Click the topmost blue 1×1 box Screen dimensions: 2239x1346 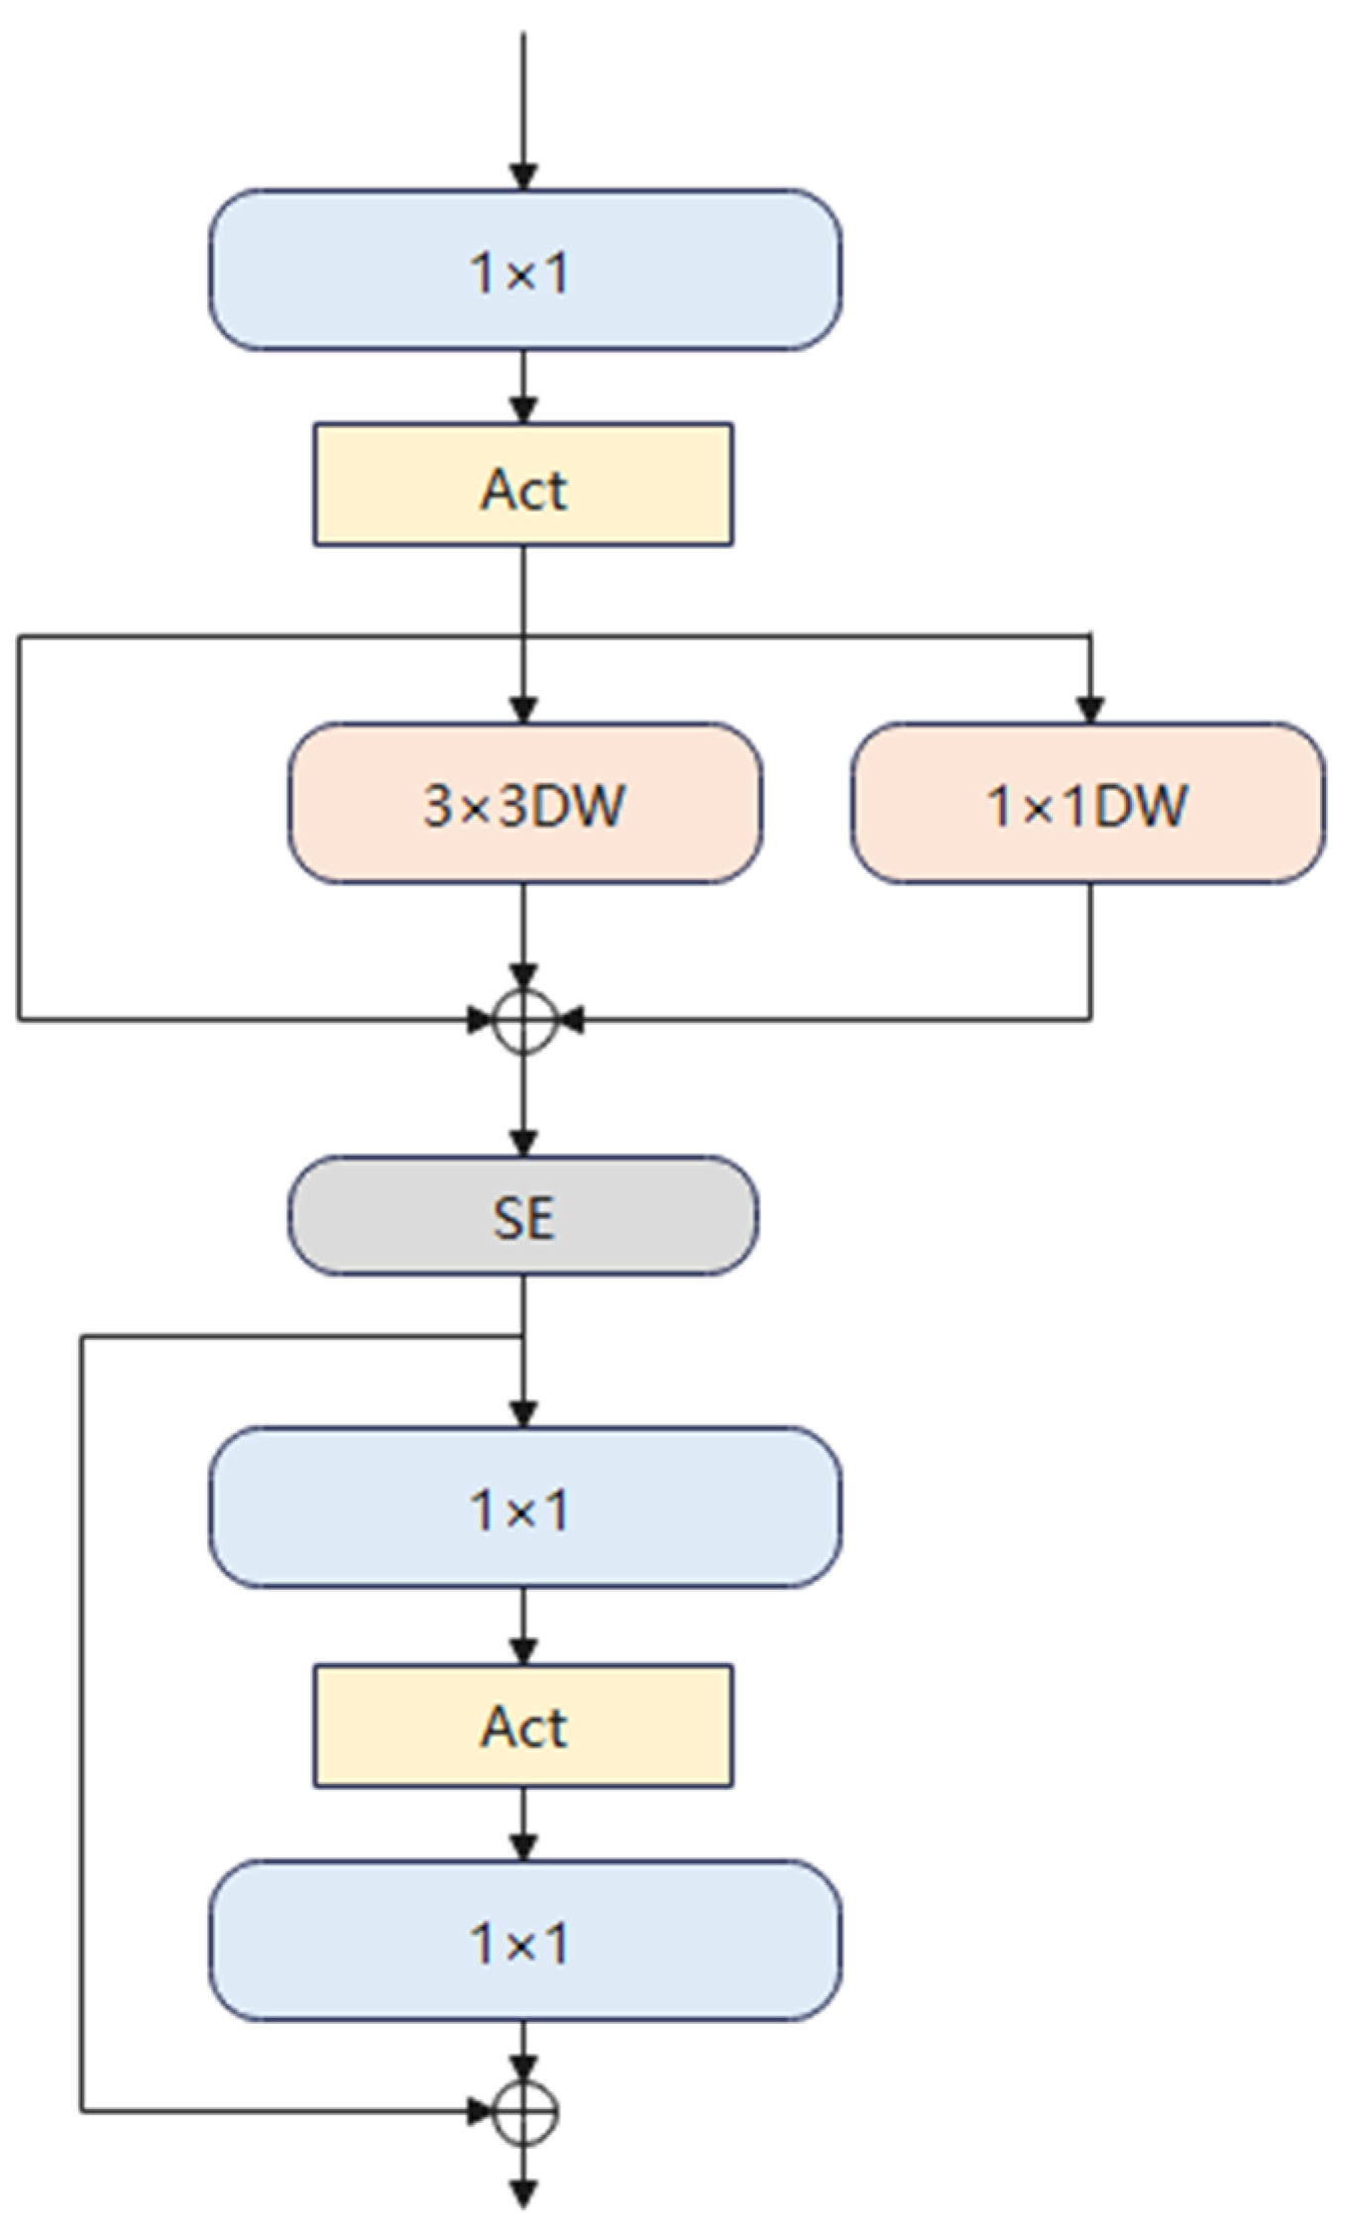[524, 270]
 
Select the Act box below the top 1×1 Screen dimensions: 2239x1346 [523, 486]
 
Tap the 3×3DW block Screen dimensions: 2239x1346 [524, 803]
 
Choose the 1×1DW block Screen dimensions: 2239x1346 [1087, 803]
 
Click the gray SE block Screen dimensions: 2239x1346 [523, 1215]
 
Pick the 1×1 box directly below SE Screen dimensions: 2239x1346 [524, 1508]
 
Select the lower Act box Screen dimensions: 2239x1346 [523, 1726]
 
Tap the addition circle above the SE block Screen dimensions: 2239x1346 [524, 1020]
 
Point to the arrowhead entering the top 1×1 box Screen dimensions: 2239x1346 [523, 176]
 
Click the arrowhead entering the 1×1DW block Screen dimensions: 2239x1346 [1090, 710]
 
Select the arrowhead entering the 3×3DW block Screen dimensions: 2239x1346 [523, 710]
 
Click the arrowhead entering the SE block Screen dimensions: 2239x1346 [523, 1143]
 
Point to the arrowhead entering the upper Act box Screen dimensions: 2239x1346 [523, 409]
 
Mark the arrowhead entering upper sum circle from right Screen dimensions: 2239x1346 [570, 1019]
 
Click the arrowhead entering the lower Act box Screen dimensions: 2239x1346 [523, 1650]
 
